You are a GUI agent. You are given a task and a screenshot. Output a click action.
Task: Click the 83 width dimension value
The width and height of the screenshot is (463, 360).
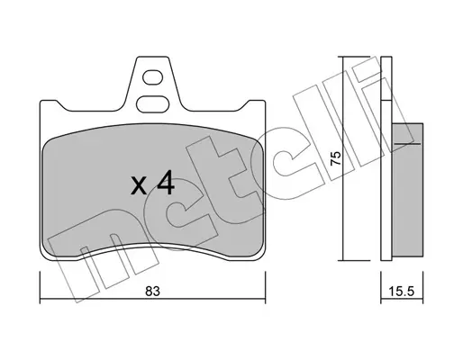(152, 292)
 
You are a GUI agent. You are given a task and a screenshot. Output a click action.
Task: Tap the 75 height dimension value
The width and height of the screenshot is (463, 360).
(335, 157)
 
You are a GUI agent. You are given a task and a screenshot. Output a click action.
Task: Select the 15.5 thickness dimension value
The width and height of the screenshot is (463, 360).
(402, 291)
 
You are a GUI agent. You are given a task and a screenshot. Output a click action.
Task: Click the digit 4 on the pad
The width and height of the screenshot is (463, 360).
(166, 183)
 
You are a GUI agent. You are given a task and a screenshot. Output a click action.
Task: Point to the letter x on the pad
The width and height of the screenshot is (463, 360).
(139, 186)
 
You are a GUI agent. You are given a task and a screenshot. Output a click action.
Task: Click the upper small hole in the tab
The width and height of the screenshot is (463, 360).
(153, 77)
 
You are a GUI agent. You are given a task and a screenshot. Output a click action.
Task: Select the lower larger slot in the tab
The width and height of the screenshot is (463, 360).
(152, 104)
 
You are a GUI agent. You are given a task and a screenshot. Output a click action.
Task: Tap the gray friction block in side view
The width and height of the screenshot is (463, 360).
(408, 190)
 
